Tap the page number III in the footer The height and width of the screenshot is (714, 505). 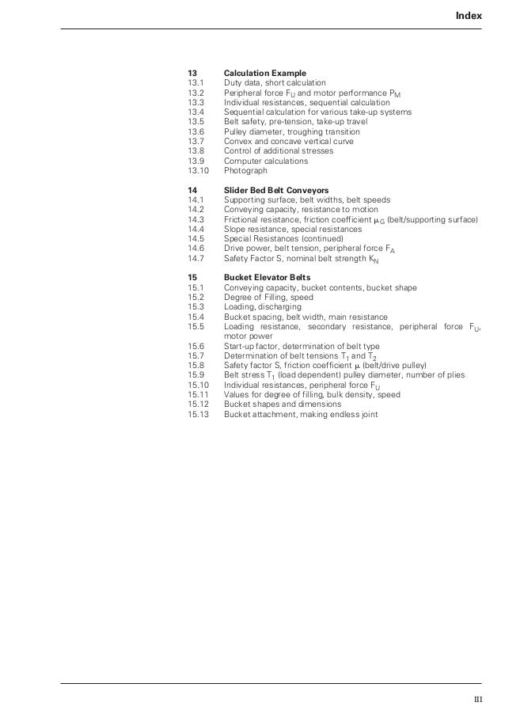click(x=477, y=697)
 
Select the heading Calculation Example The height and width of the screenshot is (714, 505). click(x=264, y=73)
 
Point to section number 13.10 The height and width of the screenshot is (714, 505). click(x=199, y=170)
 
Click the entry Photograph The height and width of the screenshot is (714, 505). click(x=245, y=170)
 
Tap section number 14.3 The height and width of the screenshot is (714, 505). click(x=196, y=219)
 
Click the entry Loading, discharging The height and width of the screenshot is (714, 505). click(x=262, y=307)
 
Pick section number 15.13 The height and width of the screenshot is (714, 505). click(x=199, y=413)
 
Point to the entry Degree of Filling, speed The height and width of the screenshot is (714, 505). click(x=268, y=298)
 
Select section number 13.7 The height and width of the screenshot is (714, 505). click(x=196, y=141)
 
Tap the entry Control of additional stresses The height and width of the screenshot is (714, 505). click(x=278, y=150)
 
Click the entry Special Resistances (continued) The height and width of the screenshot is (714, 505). click(x=283, y=238)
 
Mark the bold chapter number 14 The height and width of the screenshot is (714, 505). click(x=192, y=191)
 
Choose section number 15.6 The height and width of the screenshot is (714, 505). click(x=196, y=346)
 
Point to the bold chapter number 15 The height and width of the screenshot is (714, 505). click(x=192, y=278)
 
